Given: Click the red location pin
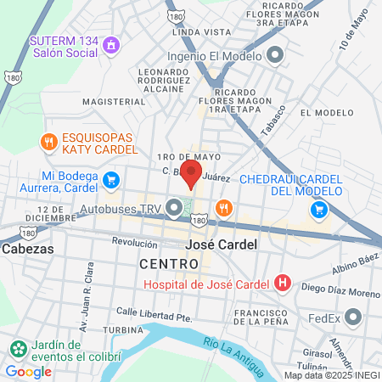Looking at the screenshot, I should tap(192, 175).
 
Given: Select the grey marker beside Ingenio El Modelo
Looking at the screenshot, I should tap(274, 56).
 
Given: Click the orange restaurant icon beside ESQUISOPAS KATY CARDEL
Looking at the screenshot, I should tap(49, 142).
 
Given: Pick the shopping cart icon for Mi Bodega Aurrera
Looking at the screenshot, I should tap(111, 179).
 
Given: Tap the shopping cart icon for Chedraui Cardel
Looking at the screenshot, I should tap(319, 209).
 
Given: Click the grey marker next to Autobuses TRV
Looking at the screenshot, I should tap(175, 207).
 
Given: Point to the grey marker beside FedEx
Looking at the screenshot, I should tap(353, 319).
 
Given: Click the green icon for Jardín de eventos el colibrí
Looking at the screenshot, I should tap(18, 348).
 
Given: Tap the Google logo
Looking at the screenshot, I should tap(28, 371).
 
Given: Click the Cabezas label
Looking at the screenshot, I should tap(27, 250).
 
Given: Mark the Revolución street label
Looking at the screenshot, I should tap(135, 242).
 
